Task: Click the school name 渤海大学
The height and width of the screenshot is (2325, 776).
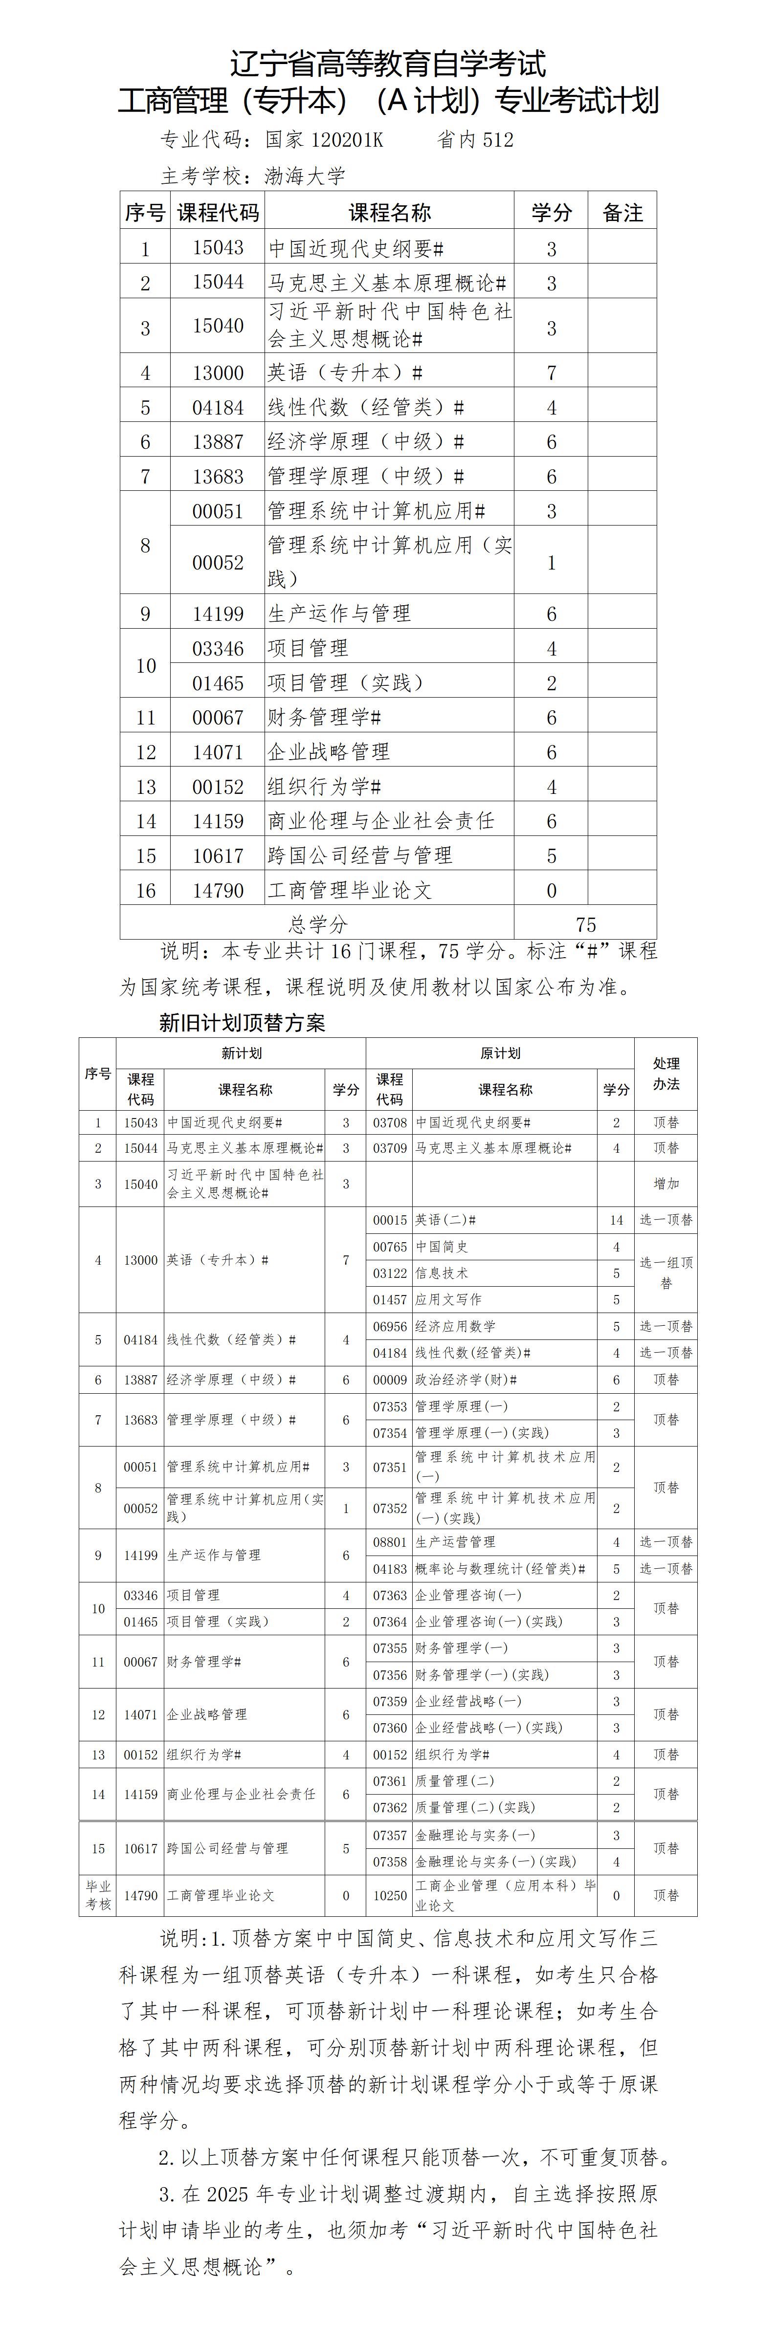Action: point(305,176)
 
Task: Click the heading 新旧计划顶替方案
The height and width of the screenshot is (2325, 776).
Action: point(242,1023)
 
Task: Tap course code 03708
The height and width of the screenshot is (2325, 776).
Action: point(390,1123)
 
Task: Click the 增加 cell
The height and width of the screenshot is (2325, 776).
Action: point(666,1183)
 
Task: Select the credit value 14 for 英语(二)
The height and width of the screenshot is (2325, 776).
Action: point(616,1220)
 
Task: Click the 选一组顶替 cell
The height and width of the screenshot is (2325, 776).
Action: point(666,1272)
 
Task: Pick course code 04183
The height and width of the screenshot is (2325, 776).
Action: point(390,1569)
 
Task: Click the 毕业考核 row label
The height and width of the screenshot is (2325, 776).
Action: point(98,1895)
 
